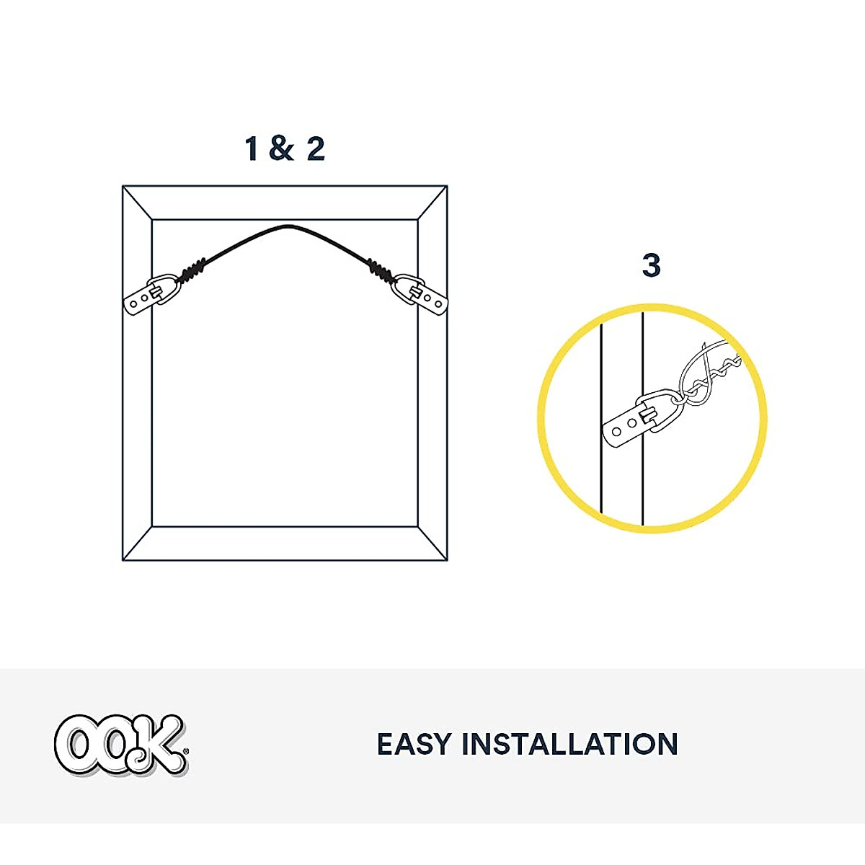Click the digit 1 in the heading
[x=252, y=148]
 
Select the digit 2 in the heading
[x=316, y=148]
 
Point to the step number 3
[x=651, y=266]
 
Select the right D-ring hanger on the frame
[x=420, y=293]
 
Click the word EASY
[x=414, y=745]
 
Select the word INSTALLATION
[x=569, y=745]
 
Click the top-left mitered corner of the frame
[x=137, y=203]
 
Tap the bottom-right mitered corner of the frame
[x=432, y=544]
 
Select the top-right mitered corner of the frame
[x=432, y=203]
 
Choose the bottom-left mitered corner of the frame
[x=137, y=544]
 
